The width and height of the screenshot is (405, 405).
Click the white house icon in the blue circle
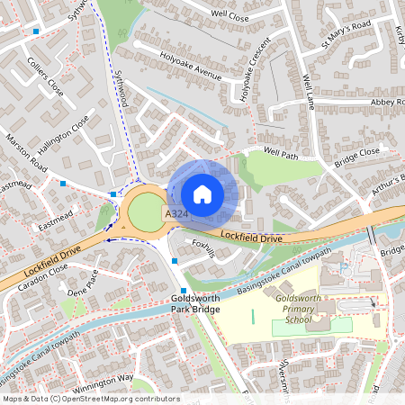pyautogui.click(x=202, y=194)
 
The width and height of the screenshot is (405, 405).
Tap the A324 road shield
pyautogui.click(x=175, y=213)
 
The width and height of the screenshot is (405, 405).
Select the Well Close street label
pyautogui.click(x=229, y=15)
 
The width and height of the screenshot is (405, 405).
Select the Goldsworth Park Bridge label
pyautogui.click(x=195, y=304)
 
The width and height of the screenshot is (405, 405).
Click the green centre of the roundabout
pyautogui.click(x=144, y=212)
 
